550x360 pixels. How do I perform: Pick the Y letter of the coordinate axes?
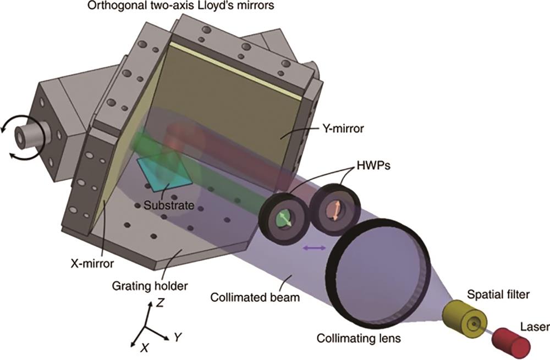coord(178,337)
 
